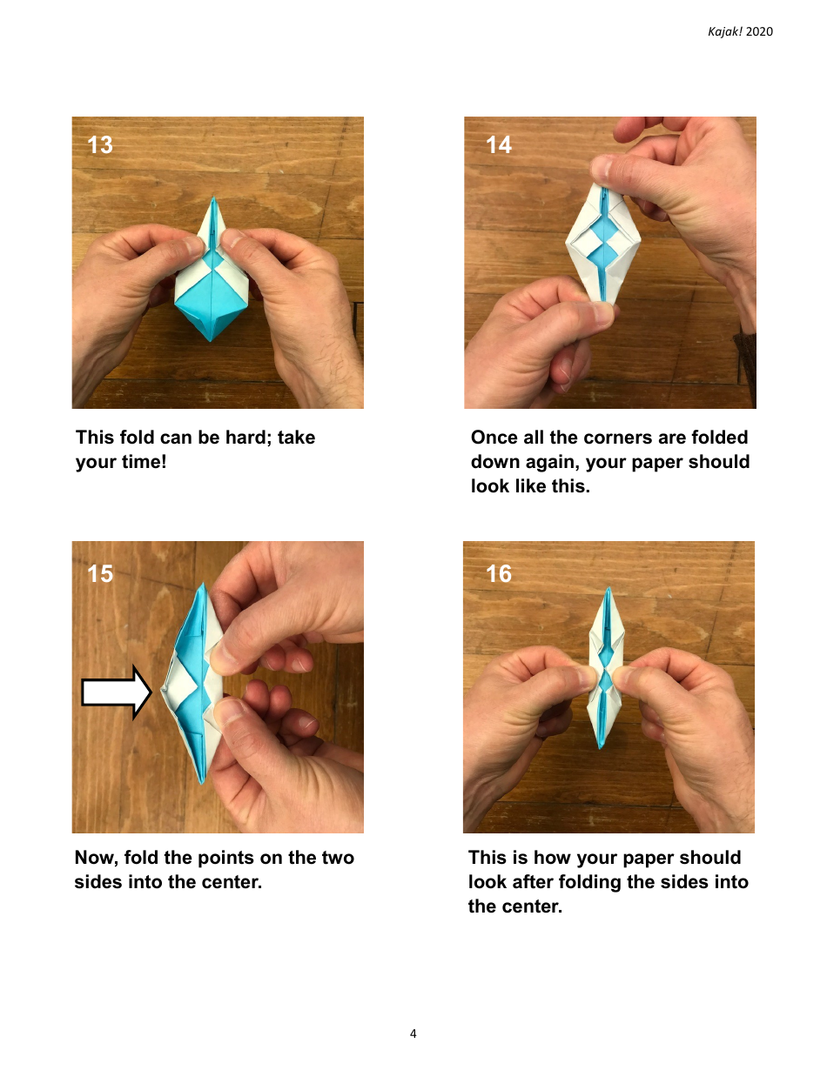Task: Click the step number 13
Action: [x=100, y=144]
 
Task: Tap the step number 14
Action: [x=499, y=144]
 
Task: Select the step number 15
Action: [x=100, y=573]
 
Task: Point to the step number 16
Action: [x=499, y=573]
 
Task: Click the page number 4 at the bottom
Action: [x=413, y=1033]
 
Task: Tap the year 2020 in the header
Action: [x=759, y=32]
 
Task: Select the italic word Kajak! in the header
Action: [x=725, y=32]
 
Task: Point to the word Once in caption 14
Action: [x=494, y=438]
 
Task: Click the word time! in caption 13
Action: [x=143, y=462]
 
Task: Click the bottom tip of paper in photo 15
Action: [x=202, y=779]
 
